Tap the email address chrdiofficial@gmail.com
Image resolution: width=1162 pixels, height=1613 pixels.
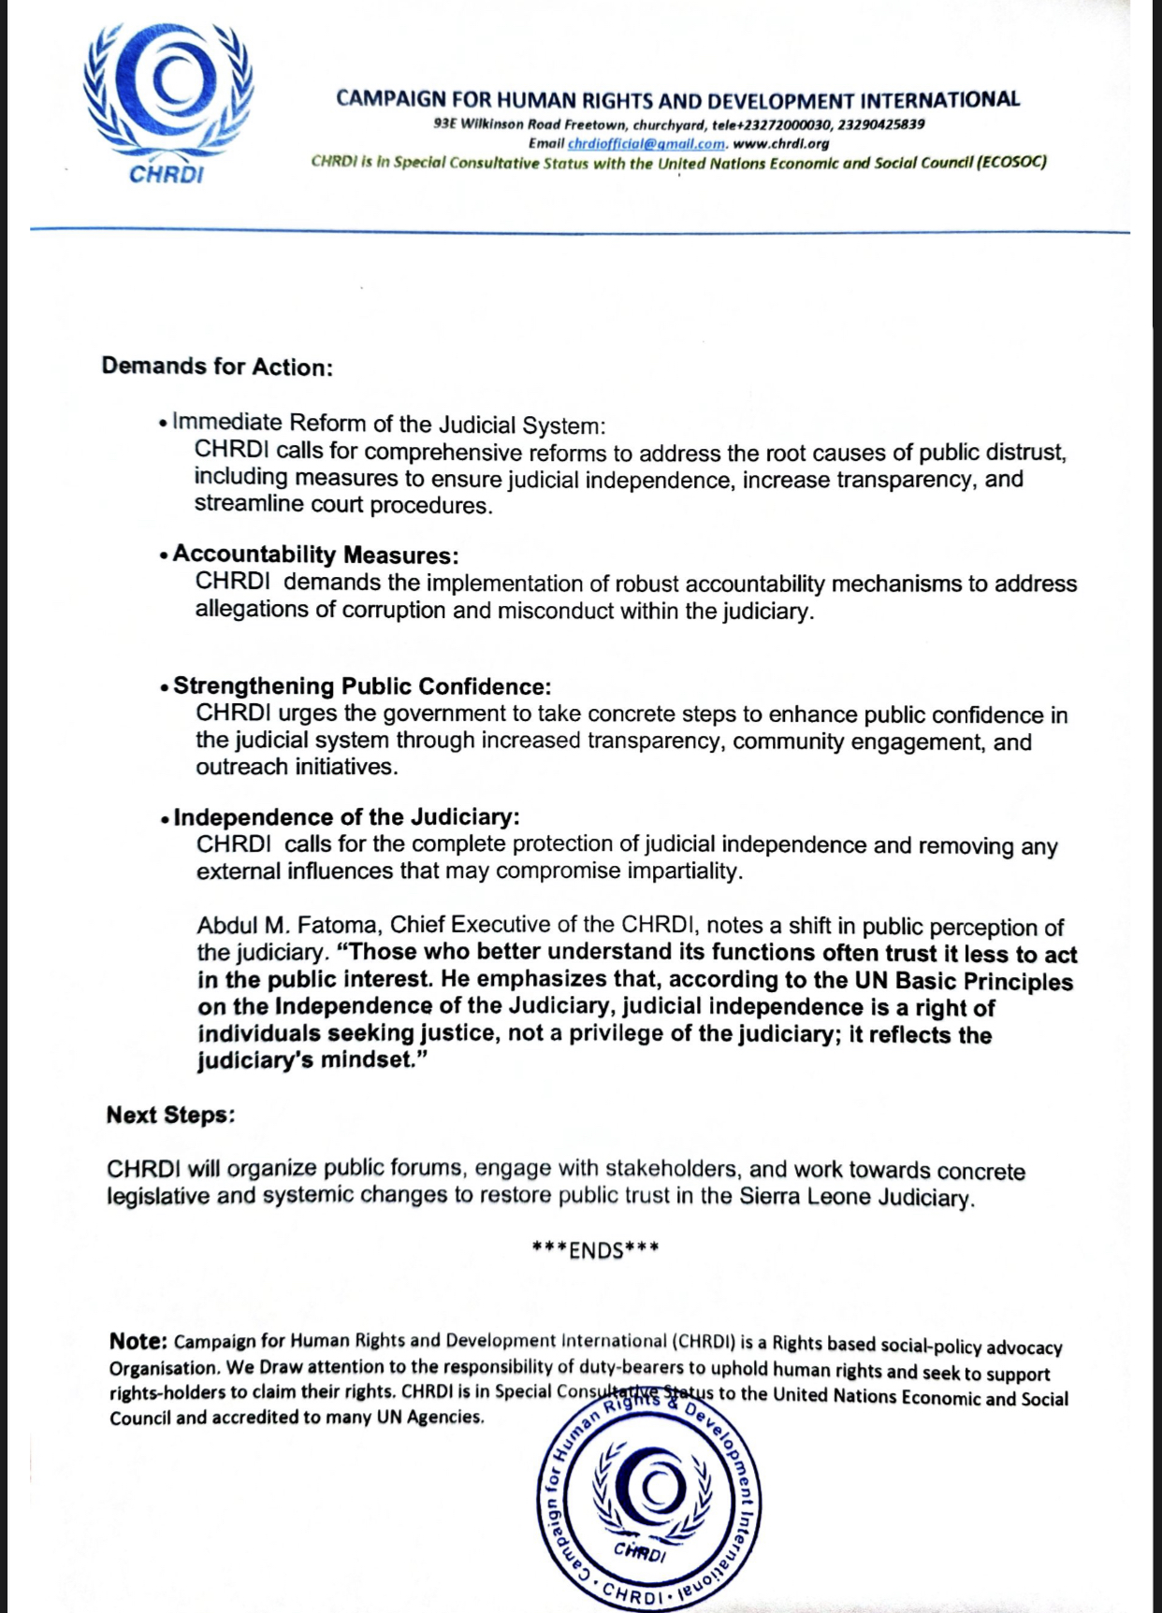(x=646, y=144)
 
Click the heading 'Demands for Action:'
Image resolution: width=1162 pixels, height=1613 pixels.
(x=217, y=366)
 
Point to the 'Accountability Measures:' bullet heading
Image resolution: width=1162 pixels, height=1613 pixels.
(x=315, y=554)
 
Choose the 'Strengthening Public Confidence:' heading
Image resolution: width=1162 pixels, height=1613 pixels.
(x=362, y=686)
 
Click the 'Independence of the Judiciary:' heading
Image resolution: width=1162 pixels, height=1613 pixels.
(x=346, y=817)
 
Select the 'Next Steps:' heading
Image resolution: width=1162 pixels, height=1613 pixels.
(x=170, y=1115)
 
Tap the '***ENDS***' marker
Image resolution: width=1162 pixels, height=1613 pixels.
(x=595, y=1250)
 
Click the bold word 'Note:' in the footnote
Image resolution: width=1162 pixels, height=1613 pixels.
(x=138, y=1341)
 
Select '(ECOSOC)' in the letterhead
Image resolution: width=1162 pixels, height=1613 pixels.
(x=1011, y=162)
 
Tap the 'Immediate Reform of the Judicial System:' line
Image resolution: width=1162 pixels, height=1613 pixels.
(x=389, y=425)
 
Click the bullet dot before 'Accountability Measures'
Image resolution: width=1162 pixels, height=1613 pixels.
(x=164, y=555)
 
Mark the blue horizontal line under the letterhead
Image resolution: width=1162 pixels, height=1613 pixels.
(x=580, y=230)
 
